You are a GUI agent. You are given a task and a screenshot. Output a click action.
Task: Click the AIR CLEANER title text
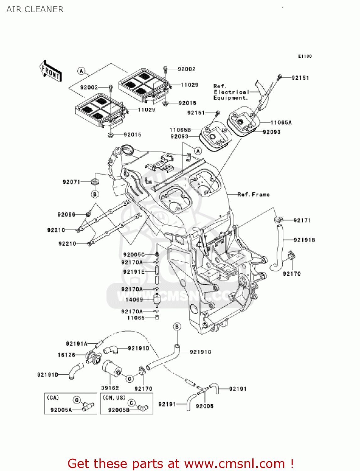[x=35, y=9]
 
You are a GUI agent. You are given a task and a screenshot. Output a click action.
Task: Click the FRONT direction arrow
[x=51, y=71]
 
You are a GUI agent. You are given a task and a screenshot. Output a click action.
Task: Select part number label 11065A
[x=281, y=122]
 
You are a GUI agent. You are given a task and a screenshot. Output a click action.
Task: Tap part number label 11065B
[x=180, y=130]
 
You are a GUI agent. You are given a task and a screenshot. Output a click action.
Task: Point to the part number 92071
[x=71, y=182]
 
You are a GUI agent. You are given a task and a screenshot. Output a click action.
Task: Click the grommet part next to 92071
[x=95, y=181]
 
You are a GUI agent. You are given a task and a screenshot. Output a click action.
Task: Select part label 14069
[x=134, y=300]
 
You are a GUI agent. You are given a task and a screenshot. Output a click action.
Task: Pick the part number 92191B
[x=304, y=240]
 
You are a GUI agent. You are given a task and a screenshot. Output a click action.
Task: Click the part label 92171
[x=302, y=220]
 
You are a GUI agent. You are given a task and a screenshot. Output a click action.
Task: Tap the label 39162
[x=110, y=388]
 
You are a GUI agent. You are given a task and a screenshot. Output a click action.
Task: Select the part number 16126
[x=66, y=355]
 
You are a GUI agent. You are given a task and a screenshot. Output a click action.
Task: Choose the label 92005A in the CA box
[x=61, y=410]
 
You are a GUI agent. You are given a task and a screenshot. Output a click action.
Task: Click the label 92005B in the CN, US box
[x=119, y=410]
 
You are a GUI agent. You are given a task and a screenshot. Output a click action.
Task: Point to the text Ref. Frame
[x=253, y=194]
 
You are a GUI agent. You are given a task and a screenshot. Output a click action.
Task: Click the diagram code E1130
[x=305, y=56]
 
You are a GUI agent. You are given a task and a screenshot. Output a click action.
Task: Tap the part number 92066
[x=66, y=214]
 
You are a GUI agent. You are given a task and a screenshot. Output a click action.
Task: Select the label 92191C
[x=200, y=352]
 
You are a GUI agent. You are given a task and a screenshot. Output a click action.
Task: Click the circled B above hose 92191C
[x=177, y=327]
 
